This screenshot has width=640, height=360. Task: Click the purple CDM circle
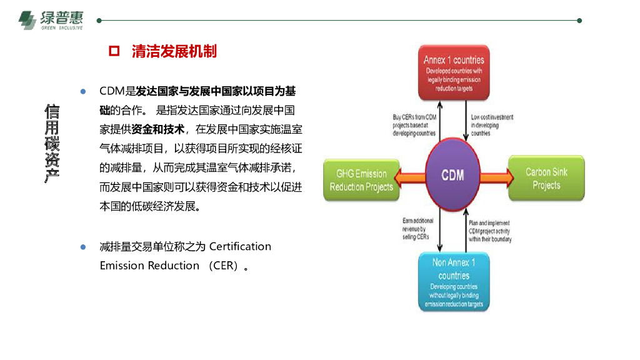pos(453,174)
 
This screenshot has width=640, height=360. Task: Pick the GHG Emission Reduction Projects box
pos(361,179)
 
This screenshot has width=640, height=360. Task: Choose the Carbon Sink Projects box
pos(546,179)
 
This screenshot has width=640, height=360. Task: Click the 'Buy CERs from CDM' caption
pos(414,125)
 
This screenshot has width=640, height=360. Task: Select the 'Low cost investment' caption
pos(492,125)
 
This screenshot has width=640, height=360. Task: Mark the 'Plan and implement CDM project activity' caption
pos(489,231)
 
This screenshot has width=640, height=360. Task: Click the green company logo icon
pos(27,21)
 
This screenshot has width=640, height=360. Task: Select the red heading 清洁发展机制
pos(174,51)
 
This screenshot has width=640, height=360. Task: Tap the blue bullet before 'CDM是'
pos(82,91)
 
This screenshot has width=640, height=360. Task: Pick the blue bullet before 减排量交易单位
pos(82,246)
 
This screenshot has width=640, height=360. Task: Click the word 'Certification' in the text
pos(240,246)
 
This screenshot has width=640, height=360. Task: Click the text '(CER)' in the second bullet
pos(224,266)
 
